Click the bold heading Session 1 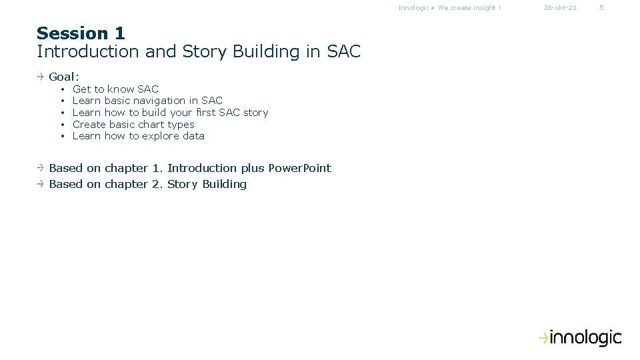click(x=81, y=33)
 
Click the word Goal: click(x=64, y=77)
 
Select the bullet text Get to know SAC click(x=115, y=89)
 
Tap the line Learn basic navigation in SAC click(x=147, y=101)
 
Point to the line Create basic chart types click(x=133, y=125)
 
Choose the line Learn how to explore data click(x=138, y=136)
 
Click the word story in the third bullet click(x=255, y=113)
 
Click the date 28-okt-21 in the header click(x=560, y=8)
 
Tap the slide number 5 click(x=601, y=8)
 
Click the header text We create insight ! click(x=469, y=8)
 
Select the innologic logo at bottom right click(x=580, y=338)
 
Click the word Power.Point click(x=299, y=168)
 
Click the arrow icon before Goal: click(x=41, y=77)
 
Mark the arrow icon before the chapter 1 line click(x=41, y=168)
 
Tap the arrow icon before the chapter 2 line click(x=41, y=184)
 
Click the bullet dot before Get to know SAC click(x=61, y=89)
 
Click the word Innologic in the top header click(x=413, y=8)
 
